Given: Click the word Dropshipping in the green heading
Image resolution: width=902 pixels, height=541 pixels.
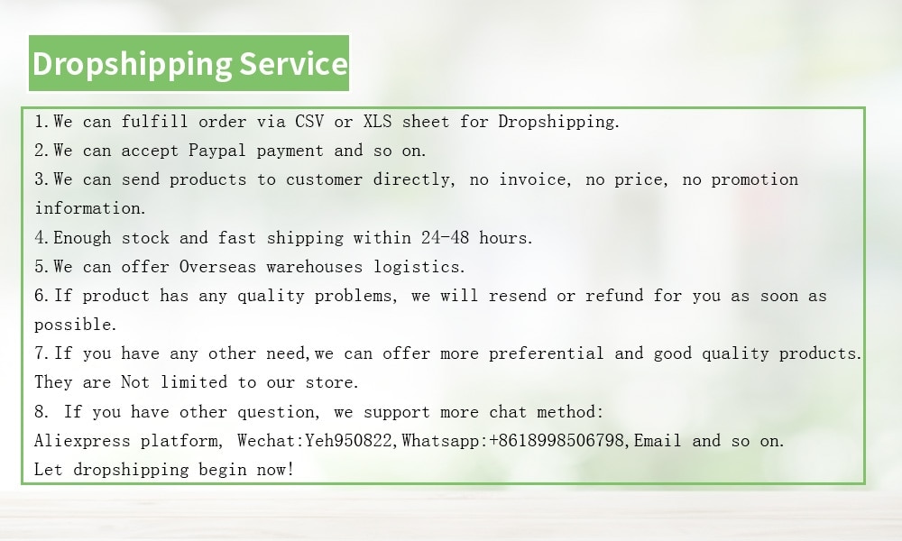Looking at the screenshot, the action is point(133,64).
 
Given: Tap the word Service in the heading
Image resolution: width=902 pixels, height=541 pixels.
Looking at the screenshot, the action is point(293,63).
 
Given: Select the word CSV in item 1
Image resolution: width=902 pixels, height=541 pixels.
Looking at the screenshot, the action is point(309,122).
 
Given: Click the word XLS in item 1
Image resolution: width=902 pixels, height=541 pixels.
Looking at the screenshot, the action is point(377,122).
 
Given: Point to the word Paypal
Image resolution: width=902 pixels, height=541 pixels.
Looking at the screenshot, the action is point(217,151).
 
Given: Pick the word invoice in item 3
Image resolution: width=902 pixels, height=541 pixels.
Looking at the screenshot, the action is point(534,179).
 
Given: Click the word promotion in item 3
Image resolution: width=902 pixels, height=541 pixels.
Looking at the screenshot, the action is point(754,180).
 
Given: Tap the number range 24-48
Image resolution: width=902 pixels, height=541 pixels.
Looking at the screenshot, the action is point(445,237).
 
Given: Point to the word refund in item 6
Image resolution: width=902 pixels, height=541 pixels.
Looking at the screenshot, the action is point(613,296).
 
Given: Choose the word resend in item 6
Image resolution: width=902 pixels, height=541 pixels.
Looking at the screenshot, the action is point(517,296).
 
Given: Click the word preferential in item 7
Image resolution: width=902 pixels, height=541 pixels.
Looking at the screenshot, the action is point(546,353).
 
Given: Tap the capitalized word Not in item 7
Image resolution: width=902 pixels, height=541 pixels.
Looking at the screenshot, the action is point(135,382).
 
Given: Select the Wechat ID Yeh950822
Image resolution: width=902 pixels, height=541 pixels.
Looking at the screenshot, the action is point(348,441).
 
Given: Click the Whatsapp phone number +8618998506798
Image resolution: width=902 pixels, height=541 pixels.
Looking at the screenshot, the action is point(557,441).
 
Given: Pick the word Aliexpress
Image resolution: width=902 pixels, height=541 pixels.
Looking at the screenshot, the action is point(82,442).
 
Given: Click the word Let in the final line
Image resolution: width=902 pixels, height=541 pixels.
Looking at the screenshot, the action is point(49,470).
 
